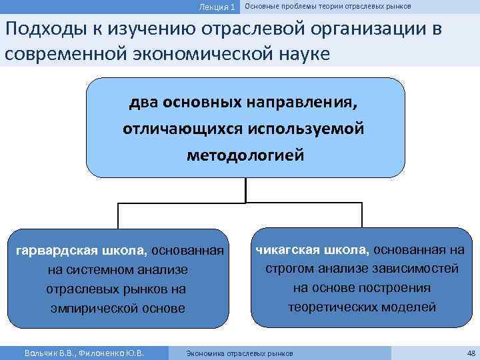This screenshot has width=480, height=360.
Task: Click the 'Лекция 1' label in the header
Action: point(217,7)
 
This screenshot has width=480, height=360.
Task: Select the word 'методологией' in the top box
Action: point(245,155)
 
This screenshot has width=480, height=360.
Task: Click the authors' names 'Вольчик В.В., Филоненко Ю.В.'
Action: point(84,353)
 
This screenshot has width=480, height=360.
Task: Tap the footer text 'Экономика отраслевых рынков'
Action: point(239,353)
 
